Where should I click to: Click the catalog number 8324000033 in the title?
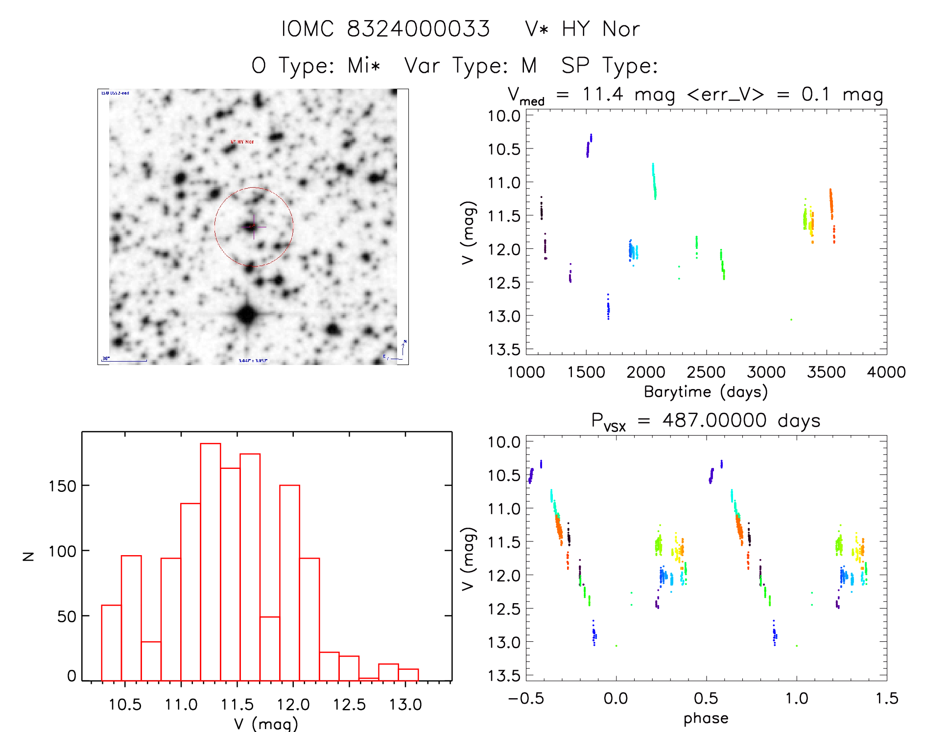click(418, 29)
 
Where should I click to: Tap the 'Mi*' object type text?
click(363, 65)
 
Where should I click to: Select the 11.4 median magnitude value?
click(603, 94)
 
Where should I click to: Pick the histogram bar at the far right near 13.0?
click(408, 675)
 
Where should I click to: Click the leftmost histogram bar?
click(111, 642)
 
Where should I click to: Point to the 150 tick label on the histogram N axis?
click(62, 486)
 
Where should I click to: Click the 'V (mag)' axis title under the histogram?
click(266, 723)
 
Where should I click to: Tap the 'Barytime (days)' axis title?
click(706, 391)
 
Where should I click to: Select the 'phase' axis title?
click(706, 718)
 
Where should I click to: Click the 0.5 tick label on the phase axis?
click(706, 698)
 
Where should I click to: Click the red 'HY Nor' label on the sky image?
click(242, 142)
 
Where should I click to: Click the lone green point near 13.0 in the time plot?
click(791, 319)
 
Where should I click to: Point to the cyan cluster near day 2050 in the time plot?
click(654, 182)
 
